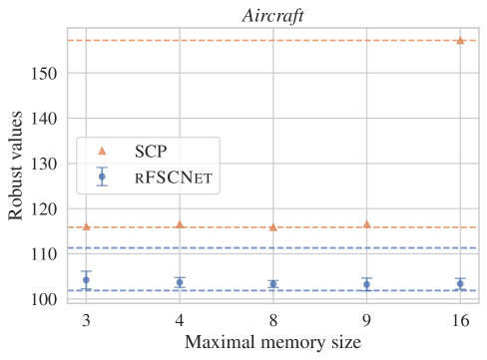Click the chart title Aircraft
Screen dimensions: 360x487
(271, 13)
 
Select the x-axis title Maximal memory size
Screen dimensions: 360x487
(271, 345)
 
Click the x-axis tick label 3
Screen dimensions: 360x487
(86, 321)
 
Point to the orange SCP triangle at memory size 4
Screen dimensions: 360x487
(180, 224)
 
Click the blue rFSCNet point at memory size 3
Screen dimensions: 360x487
(86, 280)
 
